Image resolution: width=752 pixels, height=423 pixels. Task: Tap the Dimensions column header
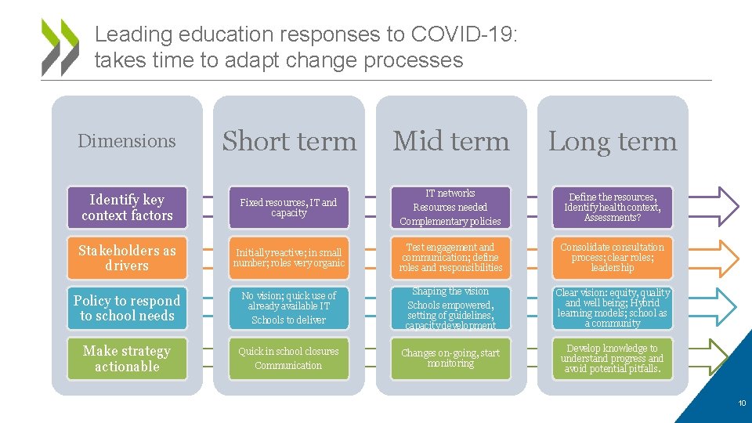pos(127,142)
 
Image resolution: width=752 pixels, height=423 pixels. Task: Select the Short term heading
pos(289,142)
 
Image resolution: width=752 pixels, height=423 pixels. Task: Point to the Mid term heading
pos(450,142)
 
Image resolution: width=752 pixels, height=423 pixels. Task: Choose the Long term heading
pos(613,142)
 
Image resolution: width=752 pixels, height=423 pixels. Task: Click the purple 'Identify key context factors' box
pos(127,208)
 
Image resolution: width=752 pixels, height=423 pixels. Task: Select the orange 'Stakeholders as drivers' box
pos(127,258)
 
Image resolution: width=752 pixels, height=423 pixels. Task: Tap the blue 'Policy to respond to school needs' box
pos(127,308)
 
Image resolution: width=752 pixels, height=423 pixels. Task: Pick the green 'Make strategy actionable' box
pos(127,359)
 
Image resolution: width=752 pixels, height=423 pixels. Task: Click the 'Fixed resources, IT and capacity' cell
pos(289,208)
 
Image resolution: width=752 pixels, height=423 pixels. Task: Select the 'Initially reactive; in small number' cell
pos(289,258)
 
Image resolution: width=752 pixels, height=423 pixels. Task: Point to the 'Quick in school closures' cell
pos(289,359)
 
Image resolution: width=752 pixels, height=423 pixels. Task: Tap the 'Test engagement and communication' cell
pos(450,258)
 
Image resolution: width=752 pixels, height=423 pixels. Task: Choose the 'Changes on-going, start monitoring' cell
pos(450,359)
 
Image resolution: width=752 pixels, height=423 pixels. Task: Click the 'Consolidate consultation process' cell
pos(613,258)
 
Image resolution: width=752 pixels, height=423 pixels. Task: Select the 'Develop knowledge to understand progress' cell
pos(613,359)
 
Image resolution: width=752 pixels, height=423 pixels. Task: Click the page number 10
pos(741,403)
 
